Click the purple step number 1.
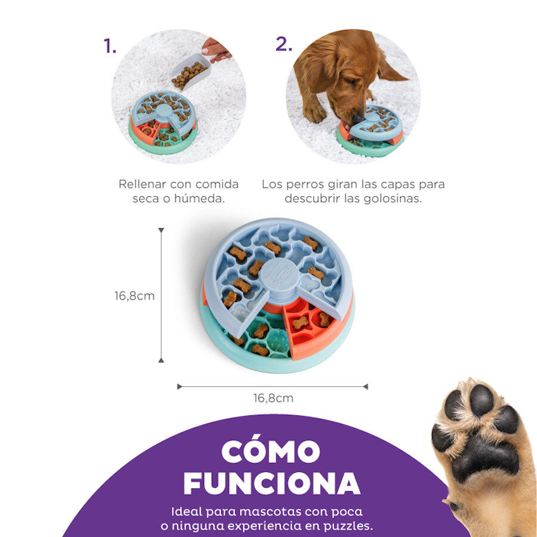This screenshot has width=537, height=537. pos(109,46)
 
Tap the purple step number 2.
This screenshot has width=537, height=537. pos(283,44)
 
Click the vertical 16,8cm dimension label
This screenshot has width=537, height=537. pos(135,295)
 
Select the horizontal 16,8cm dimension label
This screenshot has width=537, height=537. pos(273,398)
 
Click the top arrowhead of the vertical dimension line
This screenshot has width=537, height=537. pos(161,230)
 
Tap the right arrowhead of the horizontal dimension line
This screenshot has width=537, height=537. pos(365,387)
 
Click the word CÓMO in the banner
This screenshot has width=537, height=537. pos(271,452)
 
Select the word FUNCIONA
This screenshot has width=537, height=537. pos(271,483)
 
